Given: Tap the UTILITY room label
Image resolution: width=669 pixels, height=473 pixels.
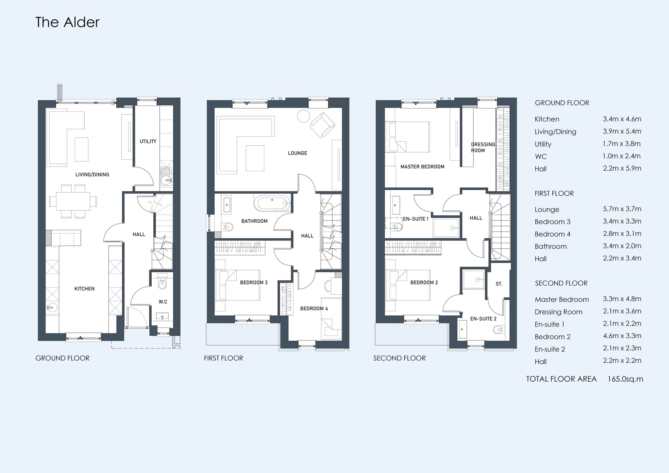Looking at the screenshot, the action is (148, 141).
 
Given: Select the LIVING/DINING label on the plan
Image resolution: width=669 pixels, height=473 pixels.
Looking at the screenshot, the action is (92, 174).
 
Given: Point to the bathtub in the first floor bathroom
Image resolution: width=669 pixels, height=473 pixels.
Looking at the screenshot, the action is (272, 203).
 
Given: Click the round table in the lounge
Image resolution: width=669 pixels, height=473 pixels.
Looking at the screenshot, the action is (303, 116).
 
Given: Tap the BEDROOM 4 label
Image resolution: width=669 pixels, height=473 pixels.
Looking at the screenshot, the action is (314, 308).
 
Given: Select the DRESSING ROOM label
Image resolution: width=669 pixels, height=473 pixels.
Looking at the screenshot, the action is (483, 147).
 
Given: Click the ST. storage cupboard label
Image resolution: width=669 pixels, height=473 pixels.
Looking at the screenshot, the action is (499, 284).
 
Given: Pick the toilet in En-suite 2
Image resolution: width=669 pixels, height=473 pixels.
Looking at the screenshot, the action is (499, 330).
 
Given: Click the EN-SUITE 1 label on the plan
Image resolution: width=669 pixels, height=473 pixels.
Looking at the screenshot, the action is (416, 219).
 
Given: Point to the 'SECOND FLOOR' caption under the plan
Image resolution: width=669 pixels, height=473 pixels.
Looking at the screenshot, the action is (399, 358).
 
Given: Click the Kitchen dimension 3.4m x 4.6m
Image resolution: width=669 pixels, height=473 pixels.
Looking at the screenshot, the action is (622, 119).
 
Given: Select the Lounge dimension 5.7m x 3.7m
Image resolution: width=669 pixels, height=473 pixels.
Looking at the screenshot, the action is (622, 209).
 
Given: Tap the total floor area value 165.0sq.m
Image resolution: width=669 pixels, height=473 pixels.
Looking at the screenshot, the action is (625, 379).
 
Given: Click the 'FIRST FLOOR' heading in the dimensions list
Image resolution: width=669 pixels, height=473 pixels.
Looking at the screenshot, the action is (554, 193).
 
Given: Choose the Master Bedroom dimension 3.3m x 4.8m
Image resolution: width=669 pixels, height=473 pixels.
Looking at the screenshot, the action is (622, 299).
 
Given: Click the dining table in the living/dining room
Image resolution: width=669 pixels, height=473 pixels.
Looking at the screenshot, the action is (73, 201).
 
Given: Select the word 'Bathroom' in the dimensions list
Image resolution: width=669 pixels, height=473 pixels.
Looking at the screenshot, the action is (551, 247).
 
